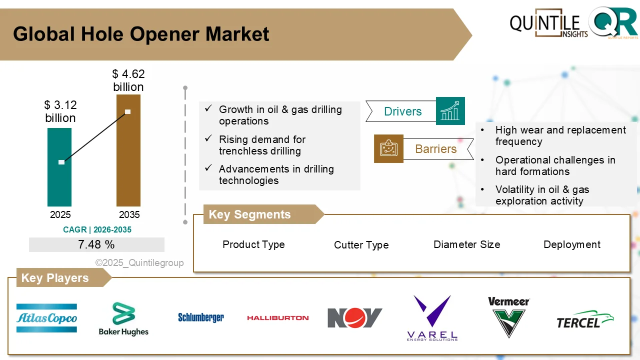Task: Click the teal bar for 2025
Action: [59, 185]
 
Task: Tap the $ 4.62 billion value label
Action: [128, 80]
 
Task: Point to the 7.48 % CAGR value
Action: [96, 244]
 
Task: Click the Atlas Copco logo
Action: [46, 318]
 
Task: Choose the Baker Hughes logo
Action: [123, 319]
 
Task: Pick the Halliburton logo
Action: [277, 317]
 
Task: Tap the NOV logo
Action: [355, 318]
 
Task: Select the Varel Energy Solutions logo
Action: [432, 318]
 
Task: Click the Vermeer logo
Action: [508, 317]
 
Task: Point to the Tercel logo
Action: [585, 319]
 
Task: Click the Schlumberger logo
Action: [201, 317]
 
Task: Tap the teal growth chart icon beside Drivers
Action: [450, 111]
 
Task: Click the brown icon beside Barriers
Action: [388, 148]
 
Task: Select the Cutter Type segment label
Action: [361, 245]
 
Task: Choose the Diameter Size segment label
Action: [466, 244]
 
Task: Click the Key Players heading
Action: [55, 278]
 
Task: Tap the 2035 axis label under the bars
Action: [129, 215]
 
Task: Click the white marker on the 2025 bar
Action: [61, 162]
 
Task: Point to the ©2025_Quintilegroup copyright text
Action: [139, 263]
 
